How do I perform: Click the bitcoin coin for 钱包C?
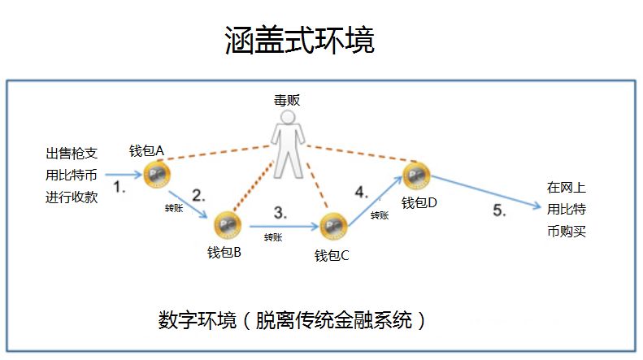coord(333,226)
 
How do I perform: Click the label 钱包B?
coord(224,253)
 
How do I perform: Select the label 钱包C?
coord(332,256)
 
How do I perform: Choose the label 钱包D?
coord(419,202)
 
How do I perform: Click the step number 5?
coord(499,210)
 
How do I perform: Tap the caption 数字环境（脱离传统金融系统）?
coord(292,319)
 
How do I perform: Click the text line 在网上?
coord(566,187)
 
